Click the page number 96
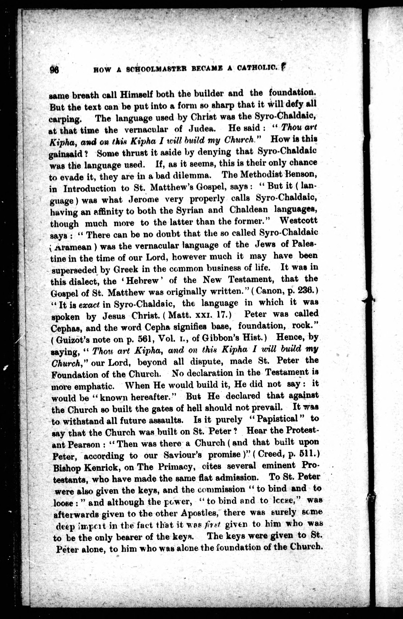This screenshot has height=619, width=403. (x=55, y=69)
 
